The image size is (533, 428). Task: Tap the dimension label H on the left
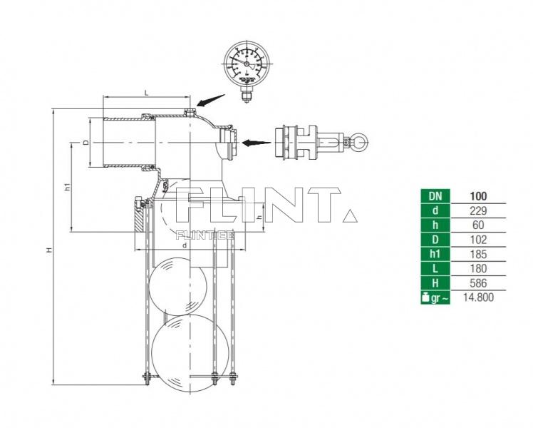[x=49, y=250]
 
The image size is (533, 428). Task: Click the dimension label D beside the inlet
[x=86, y=143]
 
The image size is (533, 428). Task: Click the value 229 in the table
[x=478, y=209]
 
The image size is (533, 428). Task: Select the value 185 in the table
[x=478, y=253]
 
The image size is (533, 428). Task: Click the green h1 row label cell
[x=435, y=253]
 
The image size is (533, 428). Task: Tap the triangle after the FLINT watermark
[x=350, y=215]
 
